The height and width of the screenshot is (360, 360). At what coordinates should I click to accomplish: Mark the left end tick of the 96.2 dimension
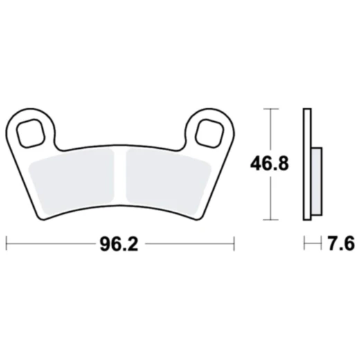click(x=6, y=244)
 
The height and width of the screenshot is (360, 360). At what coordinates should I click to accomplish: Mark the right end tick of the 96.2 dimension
click(x=234, y=244)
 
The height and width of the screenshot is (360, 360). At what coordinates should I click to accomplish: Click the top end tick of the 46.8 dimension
click(x=270, y=109)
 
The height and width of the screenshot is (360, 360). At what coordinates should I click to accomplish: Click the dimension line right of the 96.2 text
click(x=187, y=244)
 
